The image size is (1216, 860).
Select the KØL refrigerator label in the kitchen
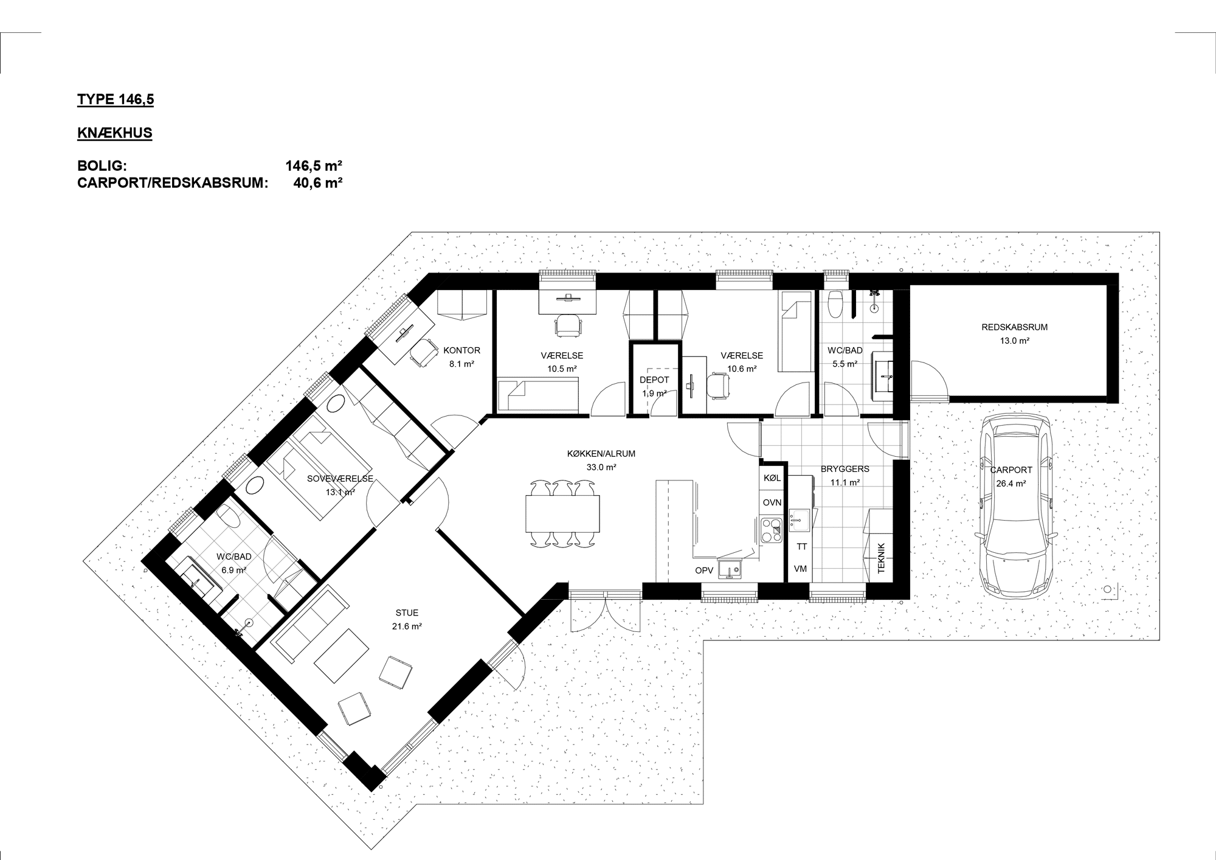pyautogui.click(x=772, y=479)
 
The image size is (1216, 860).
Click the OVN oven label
pyautogui.click(x=772, y=502)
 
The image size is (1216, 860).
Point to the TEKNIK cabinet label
pyautogui.click(x=882, y=558)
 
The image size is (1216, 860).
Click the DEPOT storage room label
pyautogui.click(x=654, y=380)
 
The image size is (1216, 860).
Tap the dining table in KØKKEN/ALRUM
pyautogui.click(x=562, y=514)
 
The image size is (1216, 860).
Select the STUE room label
pyautogui.click(x=407, y=613)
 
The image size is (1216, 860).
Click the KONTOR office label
pyautogui.click(x=462, y=350)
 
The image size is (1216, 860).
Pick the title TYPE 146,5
pyautogui.click(x=116, y=100)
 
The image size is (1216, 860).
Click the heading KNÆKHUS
pyautogui.click(x=114, y=133)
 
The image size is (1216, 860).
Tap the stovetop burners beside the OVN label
pyautogui.click(x=772, y=530)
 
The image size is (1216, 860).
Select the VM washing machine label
pyautogui.click(x=801, y=569)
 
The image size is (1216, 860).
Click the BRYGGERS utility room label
pyautogui.click(x=845, y=469)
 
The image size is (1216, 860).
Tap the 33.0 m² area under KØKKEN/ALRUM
pyautogui.click(x=601, y=468)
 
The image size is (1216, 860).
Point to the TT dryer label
pyautogui.click(x=802, y=547)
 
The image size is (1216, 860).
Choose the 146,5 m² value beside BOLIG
pyautogui.click(x=314, y=165)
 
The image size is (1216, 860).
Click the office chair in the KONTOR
pyautogui.click(x=424, y=352)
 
